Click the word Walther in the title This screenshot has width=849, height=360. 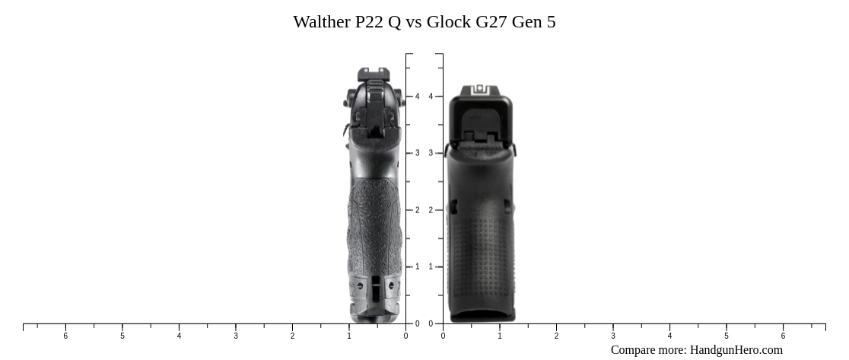[x=322, y=22]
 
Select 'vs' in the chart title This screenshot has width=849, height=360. [x=414, y=22]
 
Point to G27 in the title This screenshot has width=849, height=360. [x=491, y=22]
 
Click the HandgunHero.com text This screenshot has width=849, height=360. [x=736, y=350]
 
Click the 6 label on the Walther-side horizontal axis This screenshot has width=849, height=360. [x=65, y=336]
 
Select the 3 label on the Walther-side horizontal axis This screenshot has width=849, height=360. [x=236, y=336]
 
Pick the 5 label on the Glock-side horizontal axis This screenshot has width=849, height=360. [x=727, y=336]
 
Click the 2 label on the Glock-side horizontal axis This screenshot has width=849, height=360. [x=556, y=336]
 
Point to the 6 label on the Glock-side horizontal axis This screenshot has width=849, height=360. [x=783, y=336]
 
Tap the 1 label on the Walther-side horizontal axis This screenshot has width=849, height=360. [x=349, y=336]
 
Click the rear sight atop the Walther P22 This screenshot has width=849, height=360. [x=374, y=75]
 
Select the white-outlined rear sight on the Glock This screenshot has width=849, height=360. [x=480, y=90]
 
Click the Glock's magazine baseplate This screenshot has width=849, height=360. [x=482, y=314]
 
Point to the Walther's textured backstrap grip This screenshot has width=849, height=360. [x=374, y=221]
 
